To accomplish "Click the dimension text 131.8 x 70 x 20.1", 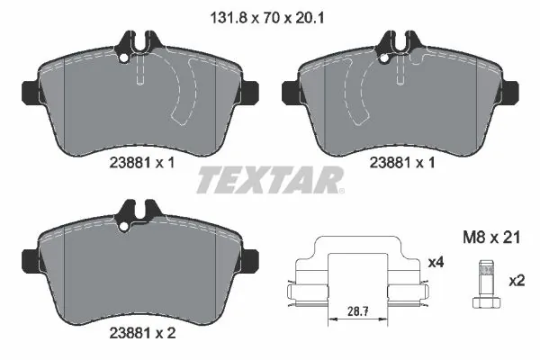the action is [x=266, y=18].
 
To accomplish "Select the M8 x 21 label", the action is [x=491, y=238].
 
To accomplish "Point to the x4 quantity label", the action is [x=436, y=263].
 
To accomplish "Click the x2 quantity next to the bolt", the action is [x=517, y=281].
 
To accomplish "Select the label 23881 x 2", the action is [x=142, y=333].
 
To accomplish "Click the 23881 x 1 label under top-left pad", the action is [x=142, y=163].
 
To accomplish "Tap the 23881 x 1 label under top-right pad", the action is [x=402, y=163].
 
